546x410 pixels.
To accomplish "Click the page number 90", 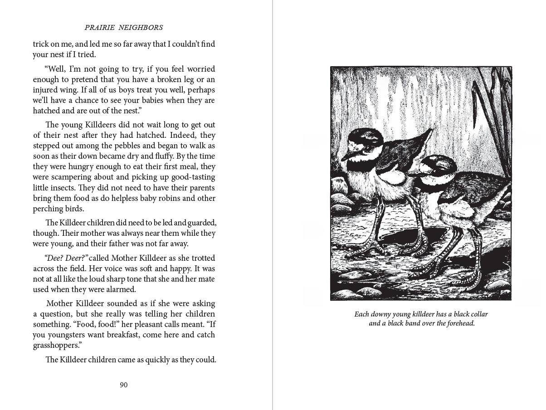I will coord(124,385).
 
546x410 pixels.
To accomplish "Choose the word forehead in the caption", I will coord(458,323).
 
